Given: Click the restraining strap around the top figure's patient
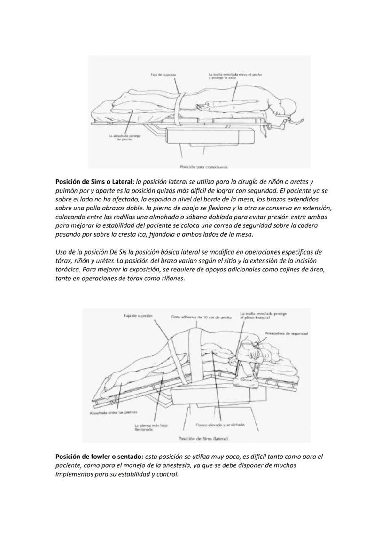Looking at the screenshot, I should [179, 106].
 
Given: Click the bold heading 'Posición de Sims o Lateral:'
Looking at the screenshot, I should [94, 182].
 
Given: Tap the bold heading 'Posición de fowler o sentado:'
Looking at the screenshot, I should [99, 457].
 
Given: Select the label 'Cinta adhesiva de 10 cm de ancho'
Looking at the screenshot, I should [201, 318].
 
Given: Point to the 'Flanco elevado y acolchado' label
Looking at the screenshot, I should [220, 425].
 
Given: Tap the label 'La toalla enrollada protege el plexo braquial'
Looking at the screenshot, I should [263, 316].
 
